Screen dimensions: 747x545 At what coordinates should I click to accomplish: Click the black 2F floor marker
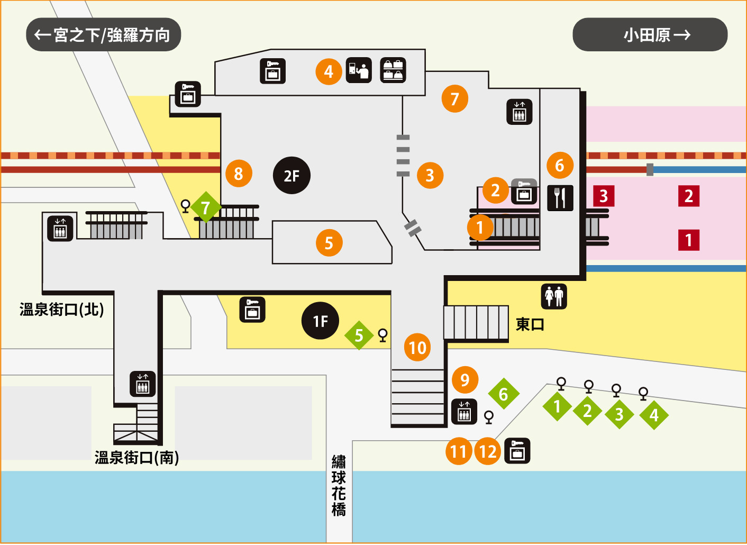click(x=291, y=176)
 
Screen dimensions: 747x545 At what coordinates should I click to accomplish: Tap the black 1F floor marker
click(x=320, y=321)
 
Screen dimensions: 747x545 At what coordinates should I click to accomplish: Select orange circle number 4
click(x=329, y=72)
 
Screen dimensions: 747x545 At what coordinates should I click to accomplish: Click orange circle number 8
click(x=239, y=174)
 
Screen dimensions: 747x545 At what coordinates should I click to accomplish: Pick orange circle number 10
click(x=417, y=348)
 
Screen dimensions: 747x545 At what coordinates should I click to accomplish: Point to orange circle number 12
click(x=488, y=452)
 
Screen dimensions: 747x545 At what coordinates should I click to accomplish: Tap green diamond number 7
click(x=206, y=207)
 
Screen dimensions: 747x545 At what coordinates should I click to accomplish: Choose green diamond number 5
click(x=359, y=335)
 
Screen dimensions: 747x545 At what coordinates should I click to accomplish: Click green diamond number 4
click(x=654, y=415)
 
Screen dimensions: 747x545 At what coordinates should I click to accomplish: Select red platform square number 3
click(x=604, y=196)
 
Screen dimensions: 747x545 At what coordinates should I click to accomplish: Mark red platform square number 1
click(x=689, y=240)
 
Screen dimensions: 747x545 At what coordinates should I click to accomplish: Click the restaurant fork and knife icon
click(x=560, y=198)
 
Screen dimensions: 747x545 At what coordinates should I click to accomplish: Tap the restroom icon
click(x=554, y=296)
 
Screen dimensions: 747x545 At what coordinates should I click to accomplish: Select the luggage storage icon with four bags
click(x=393, y=70)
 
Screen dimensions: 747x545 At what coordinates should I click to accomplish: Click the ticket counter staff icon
click(x=359, y=70)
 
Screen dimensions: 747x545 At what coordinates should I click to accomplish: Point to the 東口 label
click(x=530, y=324)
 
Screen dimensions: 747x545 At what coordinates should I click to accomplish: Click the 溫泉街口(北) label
click(x=62, y=310)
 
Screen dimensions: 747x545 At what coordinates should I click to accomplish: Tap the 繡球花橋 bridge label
click(x=339, y=486)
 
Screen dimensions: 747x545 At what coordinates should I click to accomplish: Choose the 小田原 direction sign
click(x=650, y=35)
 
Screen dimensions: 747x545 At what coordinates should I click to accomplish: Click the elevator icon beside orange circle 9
click(x=464, y=412)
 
